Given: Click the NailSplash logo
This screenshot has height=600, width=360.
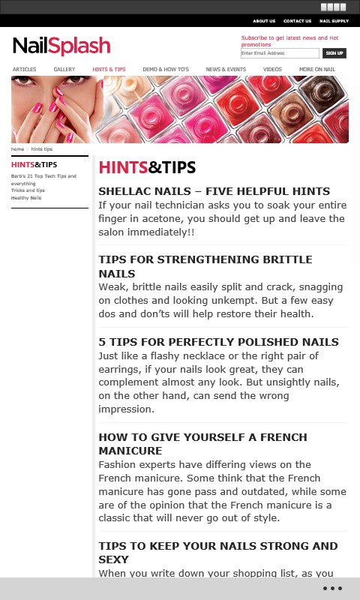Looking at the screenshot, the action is [x=61, y=46].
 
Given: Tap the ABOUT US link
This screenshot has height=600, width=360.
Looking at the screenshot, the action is [x=264, y=21].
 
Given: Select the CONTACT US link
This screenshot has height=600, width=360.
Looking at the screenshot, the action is [x=297, y=21].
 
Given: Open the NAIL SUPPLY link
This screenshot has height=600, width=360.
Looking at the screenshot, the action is [x=334, y=21].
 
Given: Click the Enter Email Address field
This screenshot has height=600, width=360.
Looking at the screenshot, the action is [x=280, y=53].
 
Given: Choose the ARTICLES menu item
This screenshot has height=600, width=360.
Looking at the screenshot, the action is [x=25, y=69].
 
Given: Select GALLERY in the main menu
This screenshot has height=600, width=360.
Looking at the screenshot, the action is [x=64, y=69].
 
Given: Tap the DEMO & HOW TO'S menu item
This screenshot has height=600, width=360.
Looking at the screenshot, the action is [x=166, y=69].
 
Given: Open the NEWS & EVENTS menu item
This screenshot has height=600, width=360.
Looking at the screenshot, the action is [x=226, y=69].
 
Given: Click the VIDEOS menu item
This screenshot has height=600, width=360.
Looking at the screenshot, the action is [x=272, y=69].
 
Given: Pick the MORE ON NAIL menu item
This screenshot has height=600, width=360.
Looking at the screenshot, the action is [x=317, y=69].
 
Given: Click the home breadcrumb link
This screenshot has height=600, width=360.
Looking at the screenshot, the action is [x=17, y=148].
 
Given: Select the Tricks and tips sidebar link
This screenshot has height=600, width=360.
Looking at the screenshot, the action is [x=28, y=190].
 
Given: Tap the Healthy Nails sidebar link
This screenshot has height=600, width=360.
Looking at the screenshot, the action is [x=26, y=198].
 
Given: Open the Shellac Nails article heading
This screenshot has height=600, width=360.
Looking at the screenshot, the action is [x=214, y=191].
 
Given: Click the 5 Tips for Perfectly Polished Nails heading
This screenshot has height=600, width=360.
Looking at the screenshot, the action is [x=218, y=342].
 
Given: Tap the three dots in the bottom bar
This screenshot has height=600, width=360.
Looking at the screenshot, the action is [x=332, y=588].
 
